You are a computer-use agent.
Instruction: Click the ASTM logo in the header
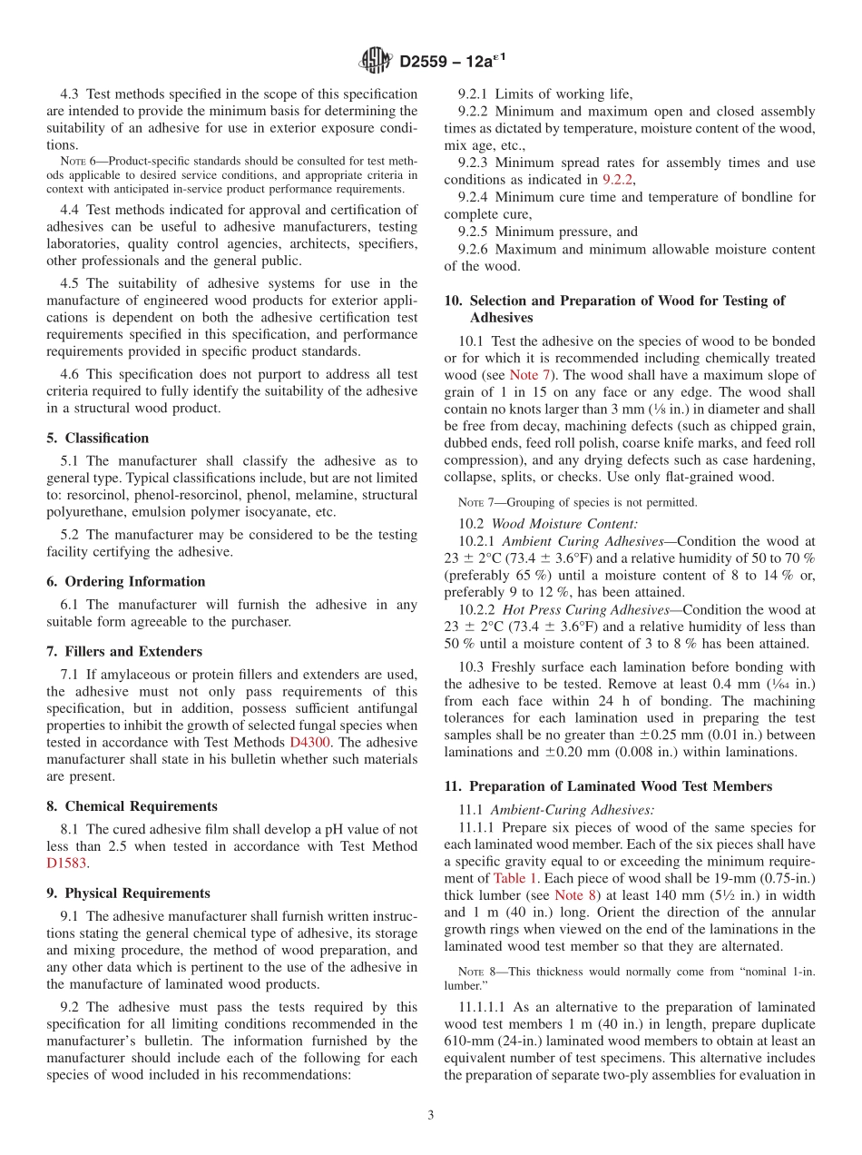[372, 61]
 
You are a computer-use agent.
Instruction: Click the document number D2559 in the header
[426, 62]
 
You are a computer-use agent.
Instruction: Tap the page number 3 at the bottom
[431, 1116]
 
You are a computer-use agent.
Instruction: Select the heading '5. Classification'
[98, 438]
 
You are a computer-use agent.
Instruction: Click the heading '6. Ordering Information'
[126, 581]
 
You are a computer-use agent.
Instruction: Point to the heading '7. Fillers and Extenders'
[124, 651]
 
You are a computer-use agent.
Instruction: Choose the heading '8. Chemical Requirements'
[132, 806]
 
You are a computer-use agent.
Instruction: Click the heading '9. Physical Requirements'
[128, 893]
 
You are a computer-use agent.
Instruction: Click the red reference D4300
[310, 743]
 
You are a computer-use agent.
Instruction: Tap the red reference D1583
[67, 864]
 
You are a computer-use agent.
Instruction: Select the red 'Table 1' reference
[515, 878]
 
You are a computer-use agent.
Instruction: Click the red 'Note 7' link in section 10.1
[528, 375]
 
